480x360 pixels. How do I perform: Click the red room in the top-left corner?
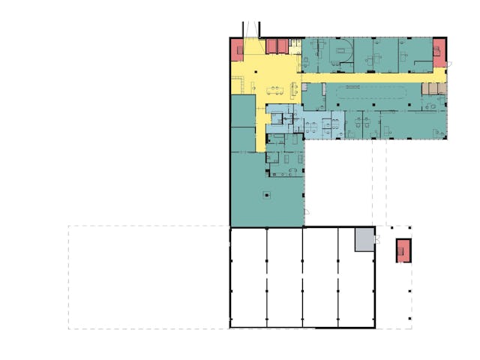[x=238, y=49]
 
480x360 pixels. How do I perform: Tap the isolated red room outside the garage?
[x=404, y=250]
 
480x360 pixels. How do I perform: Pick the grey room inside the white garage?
[x=364, y=238]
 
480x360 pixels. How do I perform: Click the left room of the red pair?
[x=271, y=46]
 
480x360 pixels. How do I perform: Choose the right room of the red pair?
[x=283, y=46]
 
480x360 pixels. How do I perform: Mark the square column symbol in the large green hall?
[x=265, y=196]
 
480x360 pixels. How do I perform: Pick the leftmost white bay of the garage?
[x=248, y=277]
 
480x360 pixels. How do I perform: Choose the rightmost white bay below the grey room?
[x=356, y=289]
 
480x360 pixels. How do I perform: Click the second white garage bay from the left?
[x=285, y=277]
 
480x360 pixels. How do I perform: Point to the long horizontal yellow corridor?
[x=367, y=76]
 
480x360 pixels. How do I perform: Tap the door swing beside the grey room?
[x=378, y=240]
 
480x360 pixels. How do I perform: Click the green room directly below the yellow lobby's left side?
[x=243, y=112]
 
